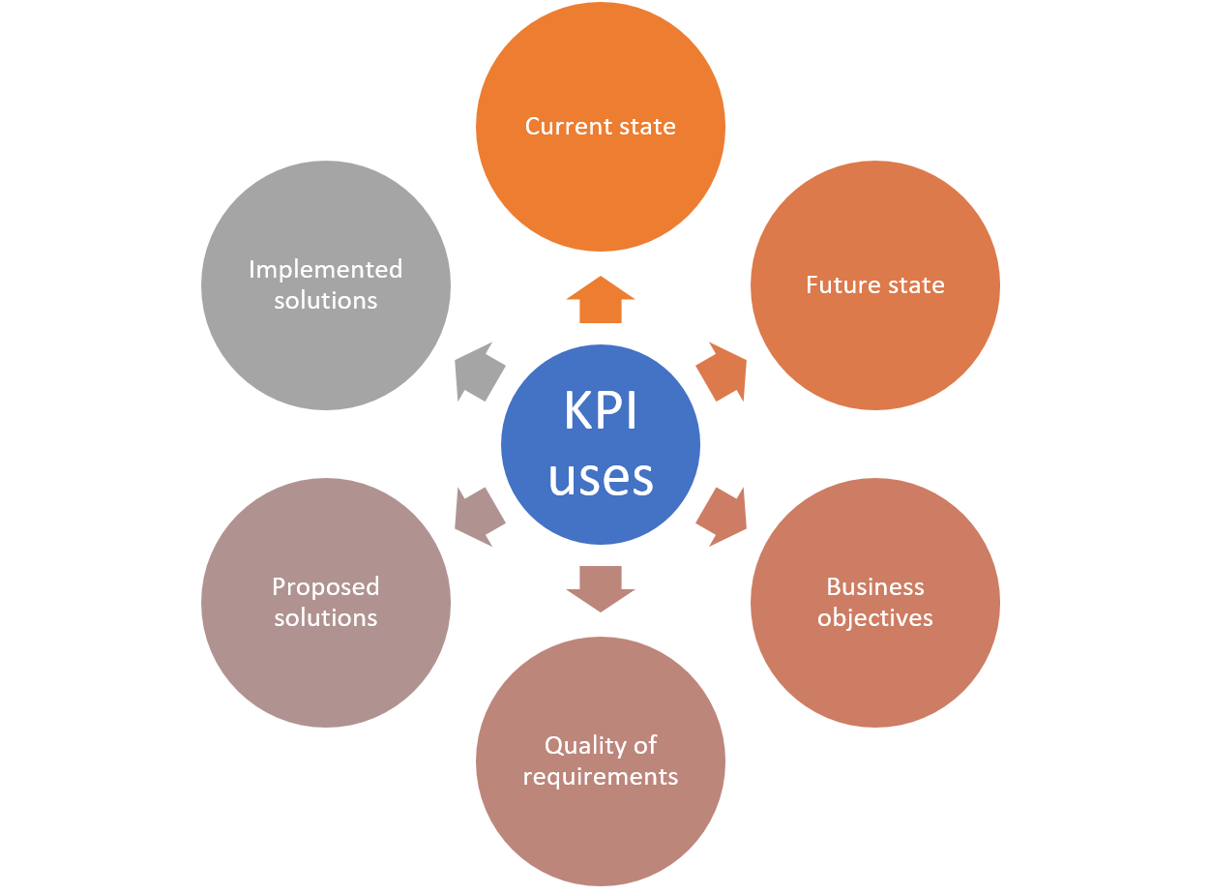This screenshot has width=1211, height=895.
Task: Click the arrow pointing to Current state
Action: (x=600, y=299)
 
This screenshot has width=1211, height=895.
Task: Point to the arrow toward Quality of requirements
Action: (x=600, y=588)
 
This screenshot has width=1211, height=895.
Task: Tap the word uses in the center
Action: (x=600, y=477)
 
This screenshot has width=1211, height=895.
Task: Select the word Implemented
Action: (x=325, y=269)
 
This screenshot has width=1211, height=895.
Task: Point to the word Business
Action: (x=874, y=586)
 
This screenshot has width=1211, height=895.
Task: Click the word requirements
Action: (x=600, y=776)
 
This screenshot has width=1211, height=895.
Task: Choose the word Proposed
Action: (x=325, y=586)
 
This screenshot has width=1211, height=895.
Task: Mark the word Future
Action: (x=838, y=284)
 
